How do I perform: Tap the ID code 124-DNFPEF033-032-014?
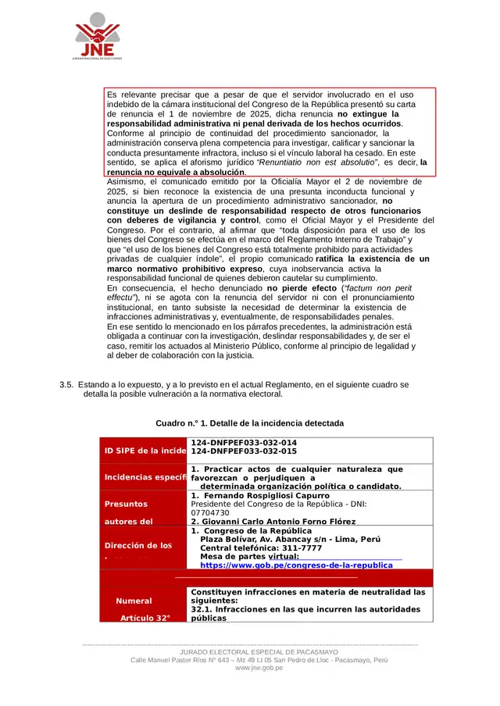(244, 443)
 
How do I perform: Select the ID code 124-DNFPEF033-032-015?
(244, 451)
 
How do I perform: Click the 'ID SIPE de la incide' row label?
(145, 451)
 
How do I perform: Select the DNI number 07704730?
(210, 513)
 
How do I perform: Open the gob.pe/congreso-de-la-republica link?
(296, 565)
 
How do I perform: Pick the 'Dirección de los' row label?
(137, 546)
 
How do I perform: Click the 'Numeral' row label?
(134, 601)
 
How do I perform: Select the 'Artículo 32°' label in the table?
(145, 618)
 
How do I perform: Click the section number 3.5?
(66, 385)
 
